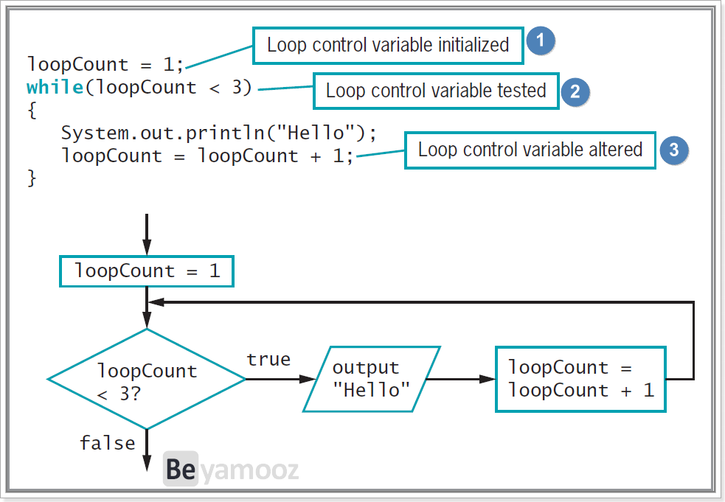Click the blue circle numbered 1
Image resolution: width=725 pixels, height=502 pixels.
pos(541,41)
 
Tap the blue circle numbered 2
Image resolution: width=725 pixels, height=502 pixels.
pos(575,91)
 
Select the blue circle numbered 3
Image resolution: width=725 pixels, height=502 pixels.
pos(673,150)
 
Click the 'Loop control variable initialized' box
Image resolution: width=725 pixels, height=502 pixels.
pos(388,45)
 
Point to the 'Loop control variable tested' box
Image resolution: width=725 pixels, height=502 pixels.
pos(436,91)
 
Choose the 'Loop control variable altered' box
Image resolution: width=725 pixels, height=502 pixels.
pos(530,150)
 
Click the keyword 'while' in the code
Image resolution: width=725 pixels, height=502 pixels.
pos(55,87)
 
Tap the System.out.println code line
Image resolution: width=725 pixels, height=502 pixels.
pos(219,133)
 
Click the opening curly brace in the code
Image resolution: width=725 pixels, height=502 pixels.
pos(32,110)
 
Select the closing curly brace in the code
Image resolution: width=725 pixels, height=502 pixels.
pos(32,178)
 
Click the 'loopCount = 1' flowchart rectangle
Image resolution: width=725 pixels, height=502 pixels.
pos(147,271)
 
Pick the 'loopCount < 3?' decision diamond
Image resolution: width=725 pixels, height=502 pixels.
pos(147,379)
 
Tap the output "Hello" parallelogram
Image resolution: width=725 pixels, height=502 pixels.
pos(371,379)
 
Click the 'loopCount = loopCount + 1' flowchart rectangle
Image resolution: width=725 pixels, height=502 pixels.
pos(580,379)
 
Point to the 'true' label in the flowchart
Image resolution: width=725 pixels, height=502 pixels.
pos(268,359)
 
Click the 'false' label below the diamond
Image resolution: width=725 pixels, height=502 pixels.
pos(107,443)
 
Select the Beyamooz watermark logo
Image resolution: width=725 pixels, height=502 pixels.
pos(231,469)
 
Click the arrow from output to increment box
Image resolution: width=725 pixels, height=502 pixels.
pos(460,379)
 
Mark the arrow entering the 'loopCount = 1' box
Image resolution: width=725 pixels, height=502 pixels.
pos(147,235)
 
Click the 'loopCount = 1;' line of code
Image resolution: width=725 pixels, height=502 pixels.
pos(105,64)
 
